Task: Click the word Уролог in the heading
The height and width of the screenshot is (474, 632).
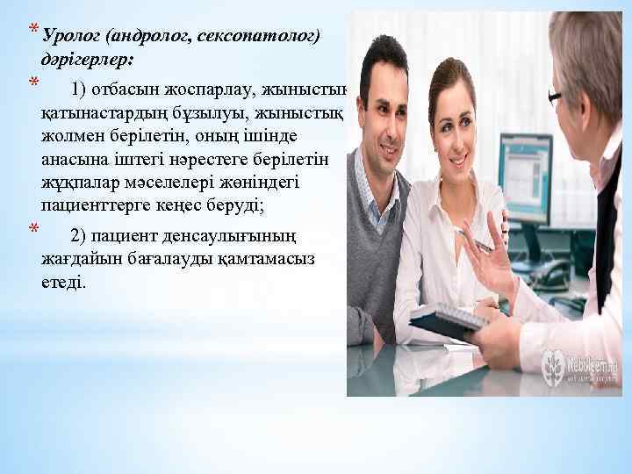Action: point(69,36)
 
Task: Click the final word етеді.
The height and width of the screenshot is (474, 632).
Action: point(62,283)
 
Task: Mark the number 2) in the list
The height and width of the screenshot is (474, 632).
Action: point(79,235)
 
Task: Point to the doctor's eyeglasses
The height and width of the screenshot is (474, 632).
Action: point(555,97)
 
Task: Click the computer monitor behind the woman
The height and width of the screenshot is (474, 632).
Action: point(524,167)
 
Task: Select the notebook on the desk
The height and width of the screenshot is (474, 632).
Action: point(452,320)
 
